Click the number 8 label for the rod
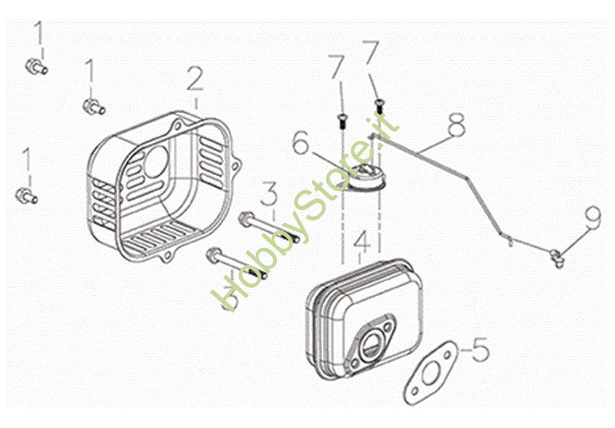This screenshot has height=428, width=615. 456,124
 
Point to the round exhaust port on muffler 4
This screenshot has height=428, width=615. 370,345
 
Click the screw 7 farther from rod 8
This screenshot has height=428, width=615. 341,120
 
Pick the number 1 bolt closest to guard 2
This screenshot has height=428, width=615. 93,106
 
